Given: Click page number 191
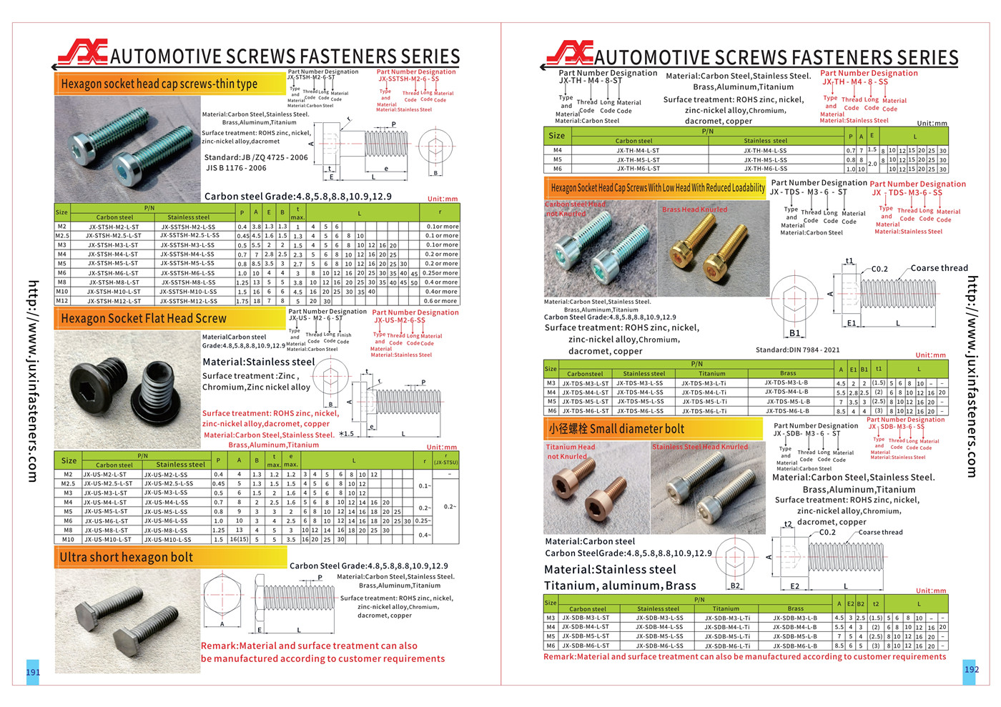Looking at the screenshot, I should (33, 672).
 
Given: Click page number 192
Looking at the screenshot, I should (971, 669).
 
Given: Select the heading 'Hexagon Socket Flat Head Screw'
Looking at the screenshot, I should (143, 318).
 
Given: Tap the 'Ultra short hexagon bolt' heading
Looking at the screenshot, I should (126, 557).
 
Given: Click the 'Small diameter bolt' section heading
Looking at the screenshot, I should (616, 429).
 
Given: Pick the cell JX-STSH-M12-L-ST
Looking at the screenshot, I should (114, 301).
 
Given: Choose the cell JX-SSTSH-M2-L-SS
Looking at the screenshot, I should (187, 227).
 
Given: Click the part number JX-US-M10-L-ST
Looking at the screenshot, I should (108, 540).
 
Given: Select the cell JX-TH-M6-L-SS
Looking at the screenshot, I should (765, 169).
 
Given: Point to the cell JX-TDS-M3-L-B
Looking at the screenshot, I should (786, 382).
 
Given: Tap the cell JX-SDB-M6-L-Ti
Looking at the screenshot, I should (727, 646).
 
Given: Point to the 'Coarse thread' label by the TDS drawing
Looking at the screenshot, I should (939, 268).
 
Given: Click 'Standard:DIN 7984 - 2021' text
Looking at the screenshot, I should (797, 350).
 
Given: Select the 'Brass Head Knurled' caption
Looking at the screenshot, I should (694, 209).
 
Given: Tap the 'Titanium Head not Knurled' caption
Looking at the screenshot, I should (570, 451).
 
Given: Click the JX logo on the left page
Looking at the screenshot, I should (82, 54).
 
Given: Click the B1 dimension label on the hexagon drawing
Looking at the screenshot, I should (794, 333).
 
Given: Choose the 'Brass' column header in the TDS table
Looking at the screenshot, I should (788, 373).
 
